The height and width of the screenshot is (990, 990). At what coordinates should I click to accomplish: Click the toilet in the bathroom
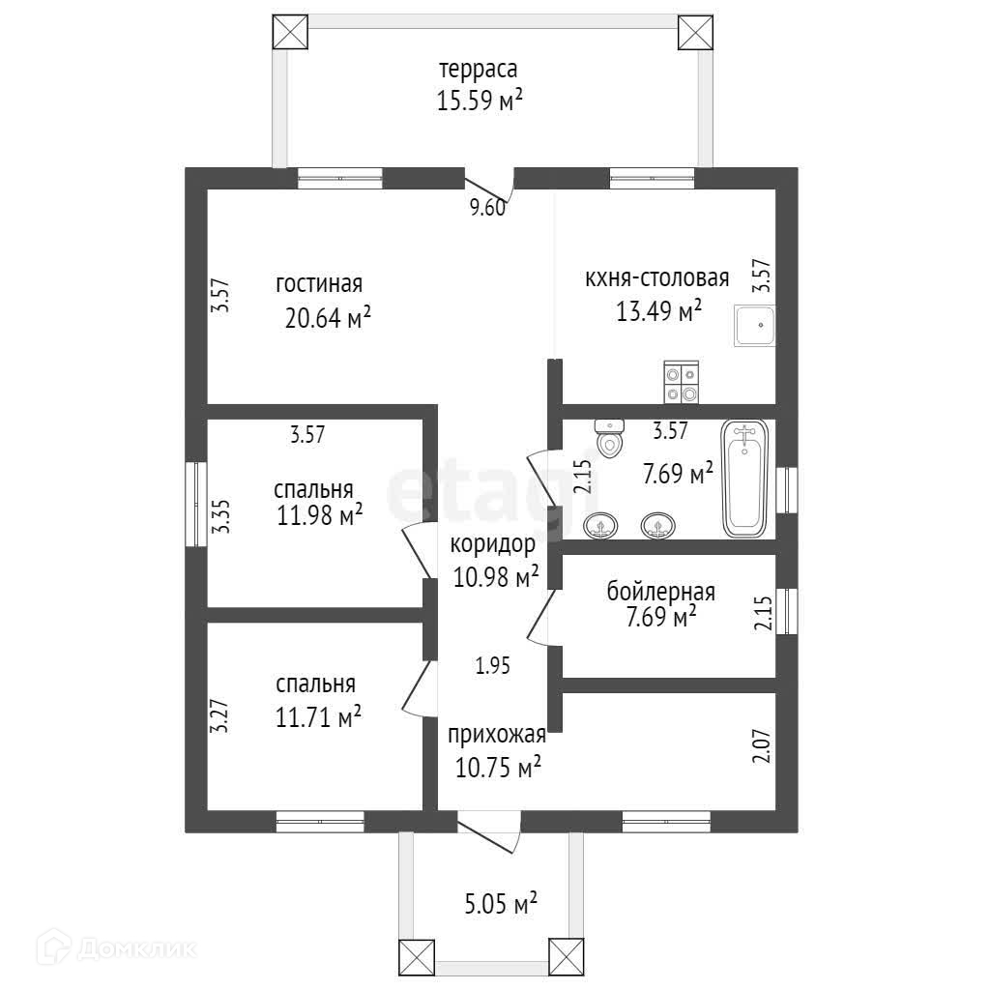(x=610, y=438)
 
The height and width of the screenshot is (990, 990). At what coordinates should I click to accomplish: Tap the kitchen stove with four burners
(x=680, y=382)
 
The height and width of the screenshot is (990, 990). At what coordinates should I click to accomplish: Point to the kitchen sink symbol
(x=754, y=328)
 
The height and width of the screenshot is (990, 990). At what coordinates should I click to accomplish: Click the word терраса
(x=478, y=70)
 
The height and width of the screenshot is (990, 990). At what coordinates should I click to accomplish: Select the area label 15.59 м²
(x=480, y=100)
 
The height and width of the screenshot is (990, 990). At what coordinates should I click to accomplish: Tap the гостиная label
(x=319, y=284)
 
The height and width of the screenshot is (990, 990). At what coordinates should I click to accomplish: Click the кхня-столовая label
(x=656, y=279)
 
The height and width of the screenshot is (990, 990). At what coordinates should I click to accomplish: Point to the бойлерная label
(x=661, y=592)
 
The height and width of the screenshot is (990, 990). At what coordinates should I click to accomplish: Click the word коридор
(x=493, y=545)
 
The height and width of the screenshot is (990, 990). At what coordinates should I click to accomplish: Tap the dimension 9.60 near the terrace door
(x=488, y=207)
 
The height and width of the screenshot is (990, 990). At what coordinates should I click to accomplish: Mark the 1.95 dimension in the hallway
(x=492, y=665)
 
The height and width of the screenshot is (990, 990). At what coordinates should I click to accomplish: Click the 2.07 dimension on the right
(x=762, y=748)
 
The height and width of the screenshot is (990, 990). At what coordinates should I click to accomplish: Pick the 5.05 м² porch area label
(x=501, y=906)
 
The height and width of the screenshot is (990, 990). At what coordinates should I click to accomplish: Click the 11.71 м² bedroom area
(x=318, y=717)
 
